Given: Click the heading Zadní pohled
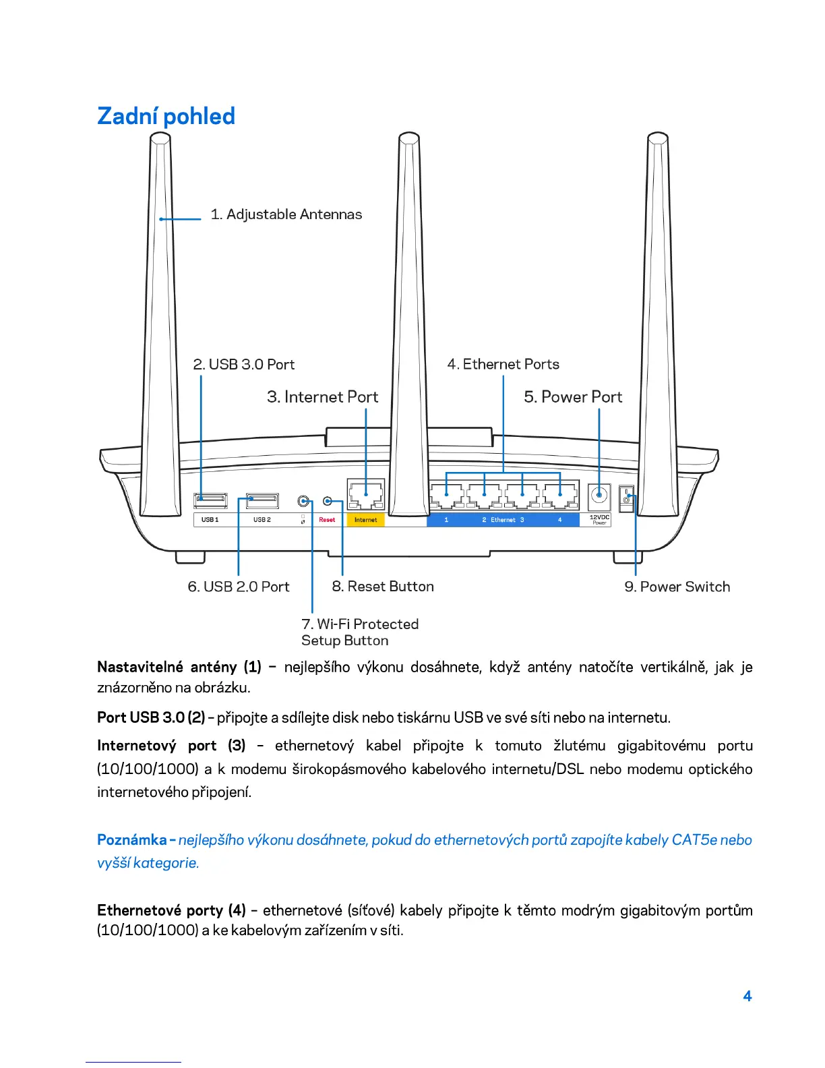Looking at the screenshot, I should tap(166, 116).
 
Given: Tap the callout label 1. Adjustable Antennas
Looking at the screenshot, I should tap(286, 214).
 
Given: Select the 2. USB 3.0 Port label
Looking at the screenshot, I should tap(244, 365).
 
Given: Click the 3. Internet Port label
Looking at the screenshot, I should tap(322, 397).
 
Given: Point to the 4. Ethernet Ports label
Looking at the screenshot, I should tap(503, 365).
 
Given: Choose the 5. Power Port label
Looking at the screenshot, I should tap(573, 397).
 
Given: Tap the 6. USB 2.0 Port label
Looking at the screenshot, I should tap(239, 587).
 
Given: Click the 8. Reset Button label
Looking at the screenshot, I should tap(383, 587).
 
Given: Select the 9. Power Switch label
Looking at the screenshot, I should tap(677, 587).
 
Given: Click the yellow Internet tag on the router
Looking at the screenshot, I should tap(365, 520).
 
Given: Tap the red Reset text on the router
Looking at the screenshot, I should tap(327, 520).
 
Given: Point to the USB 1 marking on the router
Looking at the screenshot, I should tap(210, 520).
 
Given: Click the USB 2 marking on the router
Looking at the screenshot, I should tap(262, 520).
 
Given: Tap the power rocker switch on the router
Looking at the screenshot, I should tap(627, 500).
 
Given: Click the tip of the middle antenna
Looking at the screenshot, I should tap(409, 138).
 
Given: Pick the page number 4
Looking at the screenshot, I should tap(747, 996).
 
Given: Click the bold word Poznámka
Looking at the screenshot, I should tap(131, 840).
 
